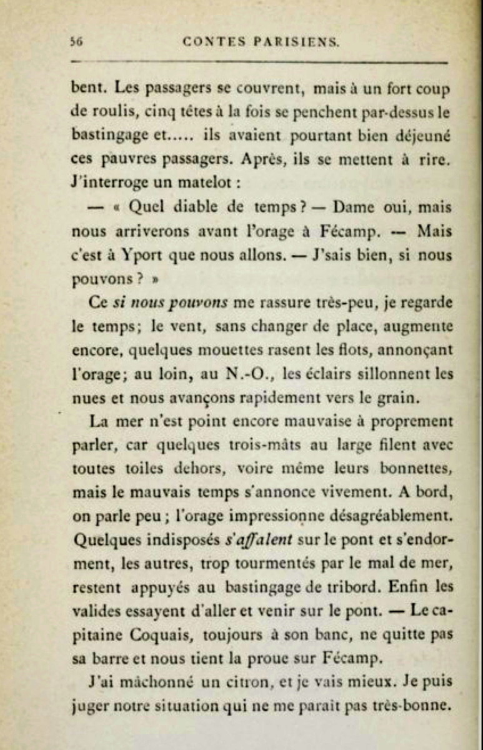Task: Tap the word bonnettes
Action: coord(409,469)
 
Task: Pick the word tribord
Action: coord(341,587)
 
